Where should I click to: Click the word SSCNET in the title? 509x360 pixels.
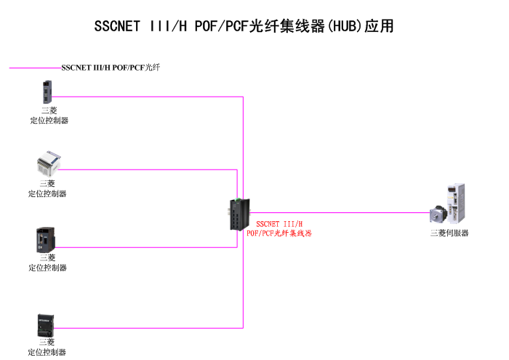pyautogui.click(x=118, y=27)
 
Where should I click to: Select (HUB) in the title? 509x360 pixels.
pyautogui.click(x=344, y=27)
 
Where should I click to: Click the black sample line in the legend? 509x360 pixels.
pyautogui.click(x=35, y=68)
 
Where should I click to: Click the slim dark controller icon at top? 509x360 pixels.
pyautogui.click(x=48, y=92)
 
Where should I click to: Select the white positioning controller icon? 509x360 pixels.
pyautogui.click(x=49, y=165)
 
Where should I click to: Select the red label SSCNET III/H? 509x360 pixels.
pyautogui.click(x=279, y=224)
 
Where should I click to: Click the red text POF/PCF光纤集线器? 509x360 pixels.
pyautogui.click(x=279, y=233)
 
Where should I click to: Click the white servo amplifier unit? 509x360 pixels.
pyautogui.click(x=457, y=203)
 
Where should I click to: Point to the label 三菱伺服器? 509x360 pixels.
pyautogui.click(x=449, y=233)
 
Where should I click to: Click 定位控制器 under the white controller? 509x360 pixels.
pyautogui.click(x=47, y=194)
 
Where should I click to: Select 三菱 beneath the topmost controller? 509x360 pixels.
pyautogui.click(x=49, y=111)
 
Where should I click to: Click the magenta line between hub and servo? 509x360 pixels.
pyautogui.click(x=342, y=213)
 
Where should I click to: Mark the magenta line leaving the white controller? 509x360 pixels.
pyautogui.click(x=145, y=169)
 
